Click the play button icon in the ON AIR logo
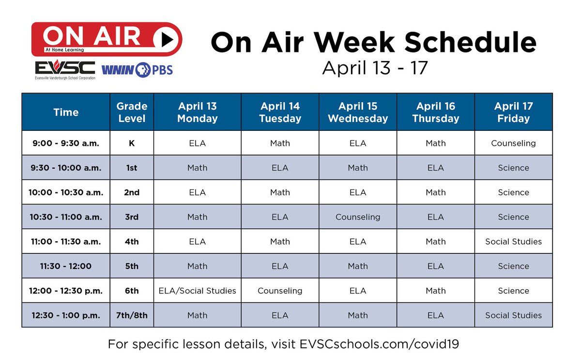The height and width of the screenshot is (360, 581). tap(165, 39)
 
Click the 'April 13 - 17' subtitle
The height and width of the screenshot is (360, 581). tap(375, 68)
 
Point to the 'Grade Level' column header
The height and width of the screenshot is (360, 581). tap(132, 112)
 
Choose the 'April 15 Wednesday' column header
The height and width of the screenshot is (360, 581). tap(358, 112)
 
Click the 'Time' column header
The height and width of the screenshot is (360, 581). tap(66, 112)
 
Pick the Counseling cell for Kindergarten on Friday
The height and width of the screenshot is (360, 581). tap(513, 143)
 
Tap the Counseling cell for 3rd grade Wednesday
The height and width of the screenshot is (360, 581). tap(358, 217)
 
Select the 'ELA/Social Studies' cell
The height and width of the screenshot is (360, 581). tap(197, 291)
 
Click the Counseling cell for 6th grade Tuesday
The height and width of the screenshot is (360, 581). tap(280, 291)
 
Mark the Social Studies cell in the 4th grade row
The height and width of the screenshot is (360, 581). tap(513, 241)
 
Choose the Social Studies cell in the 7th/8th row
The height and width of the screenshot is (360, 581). tap(513, 315)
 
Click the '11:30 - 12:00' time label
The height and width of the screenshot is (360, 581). tap(66, 266)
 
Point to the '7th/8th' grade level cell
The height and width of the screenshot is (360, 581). tap(132, 315)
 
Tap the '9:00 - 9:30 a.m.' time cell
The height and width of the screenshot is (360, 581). tap(66, 143)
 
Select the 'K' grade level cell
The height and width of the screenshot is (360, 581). tap(132, 143)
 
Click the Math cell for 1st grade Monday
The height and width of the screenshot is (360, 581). tap(197, 168)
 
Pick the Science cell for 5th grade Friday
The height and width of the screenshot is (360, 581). tap(513, 266)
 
